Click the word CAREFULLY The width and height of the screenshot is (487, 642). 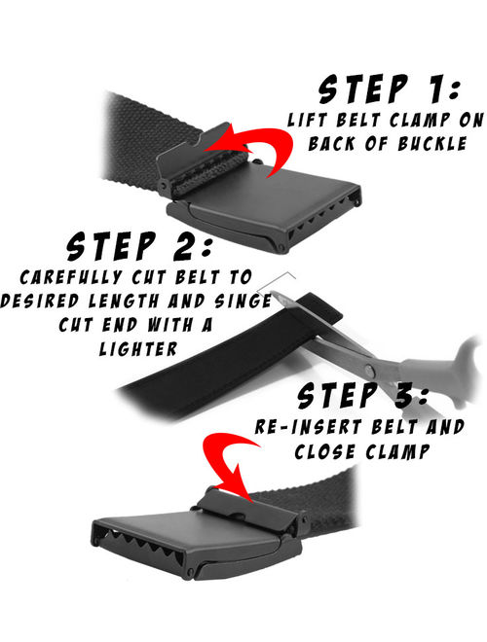coord(70,277)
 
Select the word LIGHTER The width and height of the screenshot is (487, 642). coord(138,349)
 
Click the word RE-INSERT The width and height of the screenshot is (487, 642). coord(308,427)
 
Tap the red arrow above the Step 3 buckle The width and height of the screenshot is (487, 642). coord(230,461)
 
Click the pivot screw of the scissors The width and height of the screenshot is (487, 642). coord(370,371)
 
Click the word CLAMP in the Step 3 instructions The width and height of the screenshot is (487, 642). coord(397,452)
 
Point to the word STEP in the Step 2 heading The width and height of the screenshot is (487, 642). coord(112,246)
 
